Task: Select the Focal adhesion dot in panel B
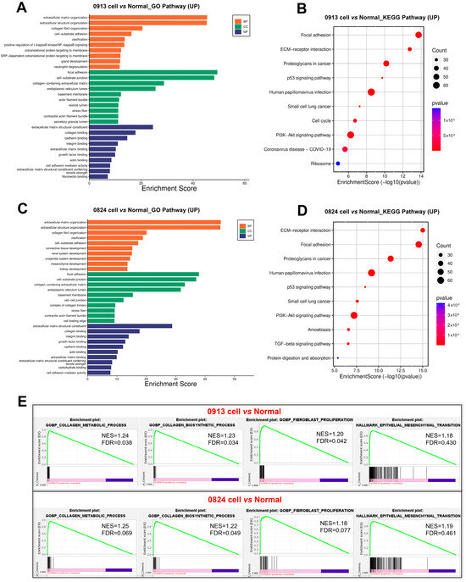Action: click(419, 35)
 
